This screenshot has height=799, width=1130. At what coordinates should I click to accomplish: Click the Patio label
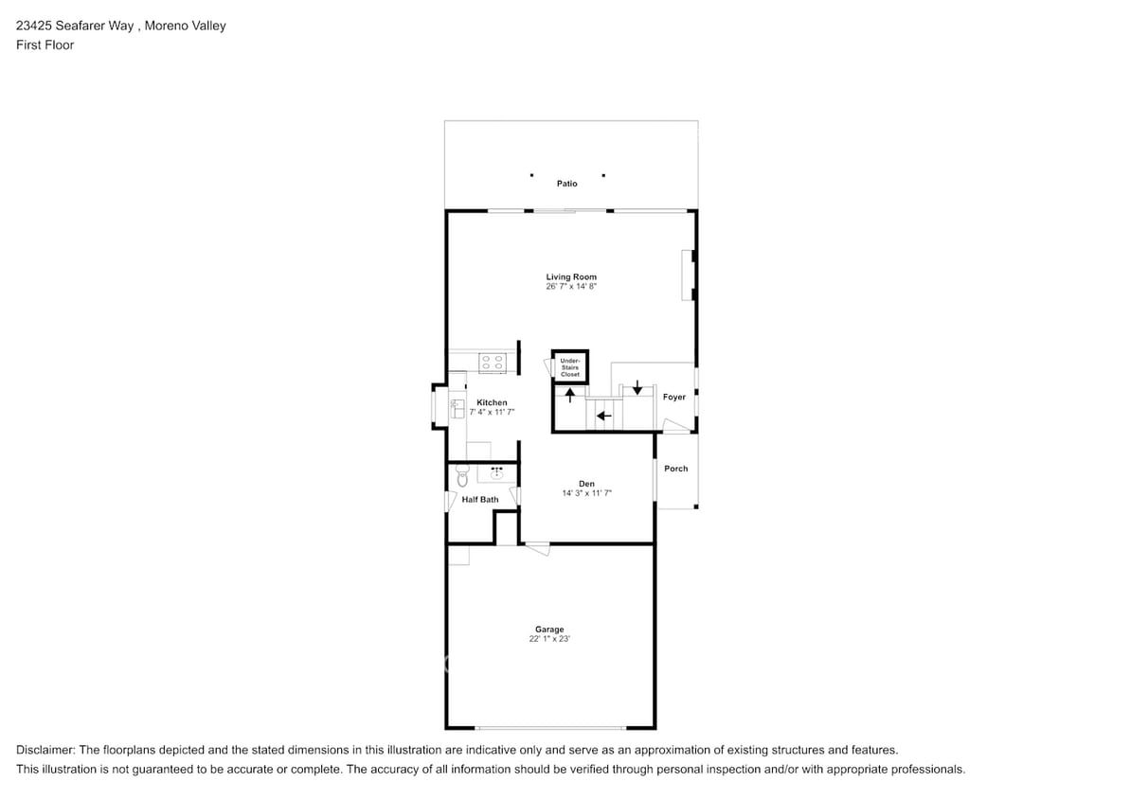[566, 184]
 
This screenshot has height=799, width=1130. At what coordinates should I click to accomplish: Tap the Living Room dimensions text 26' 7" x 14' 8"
[571, 286]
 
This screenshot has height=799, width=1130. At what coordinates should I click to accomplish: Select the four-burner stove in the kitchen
[491, 362]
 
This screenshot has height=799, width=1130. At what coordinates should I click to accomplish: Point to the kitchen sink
[457, 407]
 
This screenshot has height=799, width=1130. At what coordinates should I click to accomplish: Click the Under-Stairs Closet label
[569, 367]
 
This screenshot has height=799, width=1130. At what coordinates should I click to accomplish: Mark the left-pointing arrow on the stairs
[603, 415]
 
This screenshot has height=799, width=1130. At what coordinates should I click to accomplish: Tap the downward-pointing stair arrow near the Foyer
[637, 386]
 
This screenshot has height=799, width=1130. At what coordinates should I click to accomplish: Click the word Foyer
[674, 398]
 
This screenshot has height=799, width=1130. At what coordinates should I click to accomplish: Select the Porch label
[676, 469]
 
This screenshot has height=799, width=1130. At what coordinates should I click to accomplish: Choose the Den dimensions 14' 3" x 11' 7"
[586, 493]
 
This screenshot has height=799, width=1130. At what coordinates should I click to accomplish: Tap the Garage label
[549, 630]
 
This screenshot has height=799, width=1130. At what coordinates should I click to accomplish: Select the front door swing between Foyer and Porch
[676, 428]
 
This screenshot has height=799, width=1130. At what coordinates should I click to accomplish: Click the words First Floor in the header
[45, 45]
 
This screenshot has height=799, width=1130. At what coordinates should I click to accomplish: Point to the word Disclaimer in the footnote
[47, 749]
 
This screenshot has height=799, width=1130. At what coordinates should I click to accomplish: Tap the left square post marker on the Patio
[531, 175]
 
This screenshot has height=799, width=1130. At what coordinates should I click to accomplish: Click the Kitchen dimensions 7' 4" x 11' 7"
[492, 412]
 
